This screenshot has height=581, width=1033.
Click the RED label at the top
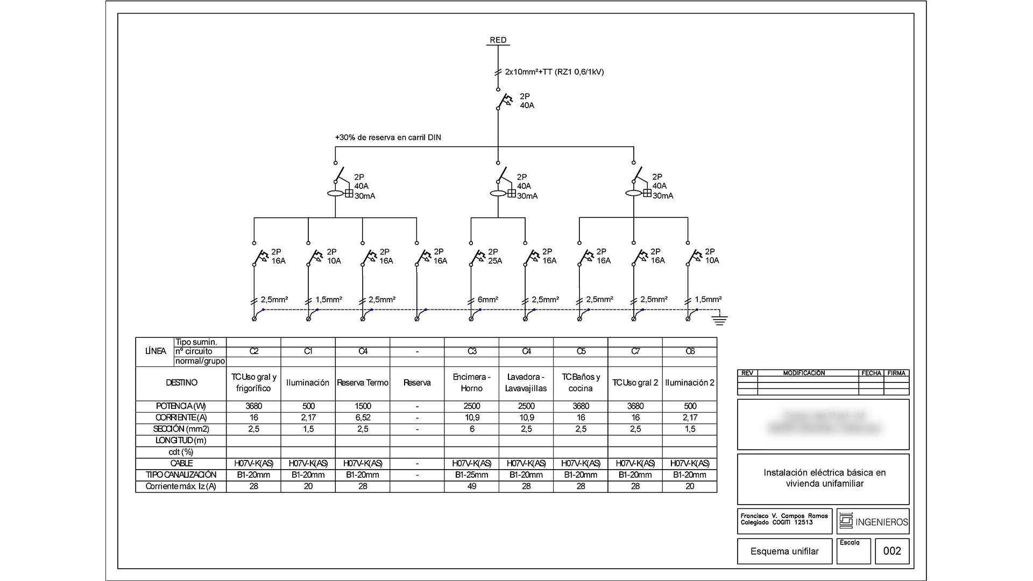click(498, 40)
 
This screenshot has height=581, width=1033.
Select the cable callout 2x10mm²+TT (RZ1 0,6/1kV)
click(554, 72)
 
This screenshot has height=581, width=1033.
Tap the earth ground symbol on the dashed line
click(719, 320)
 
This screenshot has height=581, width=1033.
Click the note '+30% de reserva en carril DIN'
click(388, 138)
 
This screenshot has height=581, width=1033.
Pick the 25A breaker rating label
click(495, 261)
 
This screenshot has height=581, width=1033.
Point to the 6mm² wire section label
click(487, 300)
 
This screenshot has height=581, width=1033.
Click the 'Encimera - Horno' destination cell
click(472, 382)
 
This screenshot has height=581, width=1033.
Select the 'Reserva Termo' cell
click(363, 383)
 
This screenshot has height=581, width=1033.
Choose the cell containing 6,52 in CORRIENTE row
click(363, 417)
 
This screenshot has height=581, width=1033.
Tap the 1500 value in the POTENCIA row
click(363, 406)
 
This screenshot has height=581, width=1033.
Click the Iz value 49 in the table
click(472, 486)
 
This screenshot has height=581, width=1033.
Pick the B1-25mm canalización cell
click(472, 475)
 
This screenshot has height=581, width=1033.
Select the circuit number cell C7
click(635, 351)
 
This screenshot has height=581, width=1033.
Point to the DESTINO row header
click(181, 383)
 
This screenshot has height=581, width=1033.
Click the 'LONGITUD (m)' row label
click(181, 441)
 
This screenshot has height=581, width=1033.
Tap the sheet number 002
click(892, 551)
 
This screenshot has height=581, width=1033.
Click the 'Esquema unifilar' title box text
click(784, 551)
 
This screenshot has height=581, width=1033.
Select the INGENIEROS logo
click(873, 521)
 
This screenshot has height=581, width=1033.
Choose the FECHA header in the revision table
click(871, 373)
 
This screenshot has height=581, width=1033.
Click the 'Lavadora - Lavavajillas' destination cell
click(526, 382)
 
